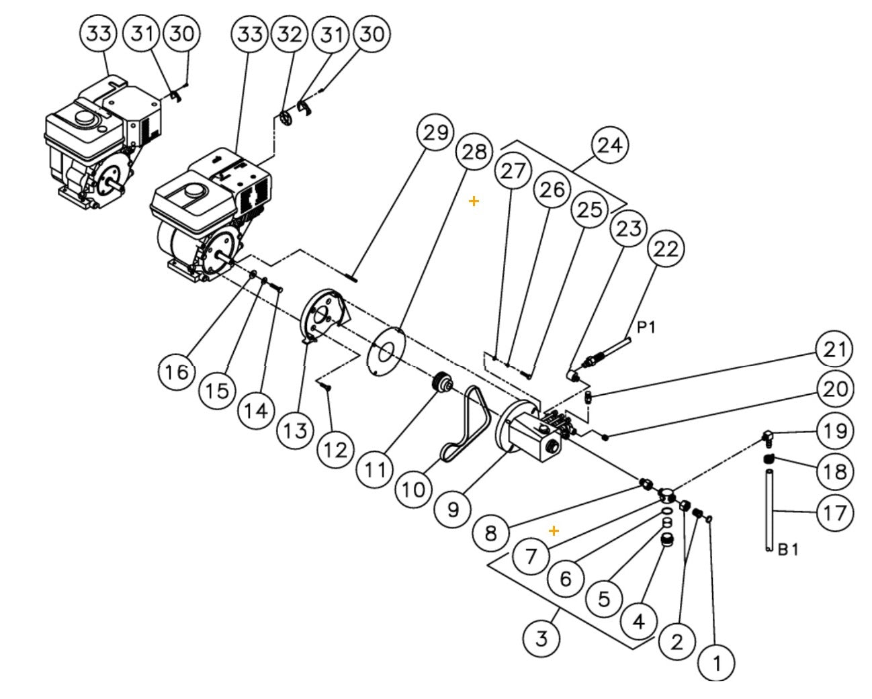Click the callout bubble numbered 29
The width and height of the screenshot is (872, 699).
pos(435,132)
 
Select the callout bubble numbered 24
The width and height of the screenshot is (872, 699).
pos(609,145)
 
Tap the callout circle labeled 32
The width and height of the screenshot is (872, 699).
pos(290,34)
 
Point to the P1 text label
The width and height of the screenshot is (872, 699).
pos(646,327)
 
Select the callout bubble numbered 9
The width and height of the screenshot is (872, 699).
pos(453,510)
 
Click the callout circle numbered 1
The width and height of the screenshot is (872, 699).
pos(716,663)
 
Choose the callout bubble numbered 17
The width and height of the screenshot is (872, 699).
pos(835,513)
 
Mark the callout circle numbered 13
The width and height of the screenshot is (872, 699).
pos(295,430)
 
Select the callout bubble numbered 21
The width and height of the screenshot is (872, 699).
pos(834,349)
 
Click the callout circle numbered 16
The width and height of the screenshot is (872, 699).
pos(177,371)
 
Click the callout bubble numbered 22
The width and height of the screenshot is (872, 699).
pos(666,249)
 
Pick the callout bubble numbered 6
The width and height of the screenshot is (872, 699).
pos(566,577)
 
